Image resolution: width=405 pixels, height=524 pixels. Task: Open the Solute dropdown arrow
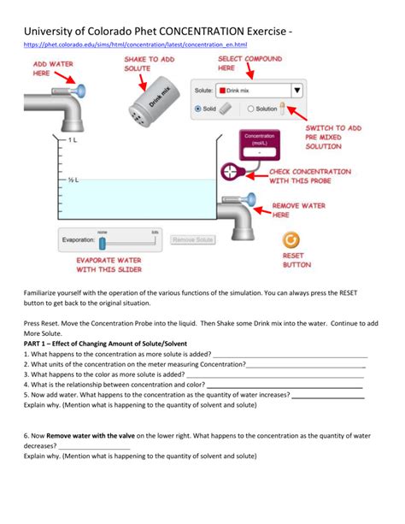point(296,89)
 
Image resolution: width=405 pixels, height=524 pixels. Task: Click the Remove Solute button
point(192,240)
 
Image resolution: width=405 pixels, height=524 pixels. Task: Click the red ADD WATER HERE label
point(52,69)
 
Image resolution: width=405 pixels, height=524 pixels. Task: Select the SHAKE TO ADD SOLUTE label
point(150,64)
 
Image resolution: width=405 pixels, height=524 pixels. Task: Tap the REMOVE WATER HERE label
point(322,210)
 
